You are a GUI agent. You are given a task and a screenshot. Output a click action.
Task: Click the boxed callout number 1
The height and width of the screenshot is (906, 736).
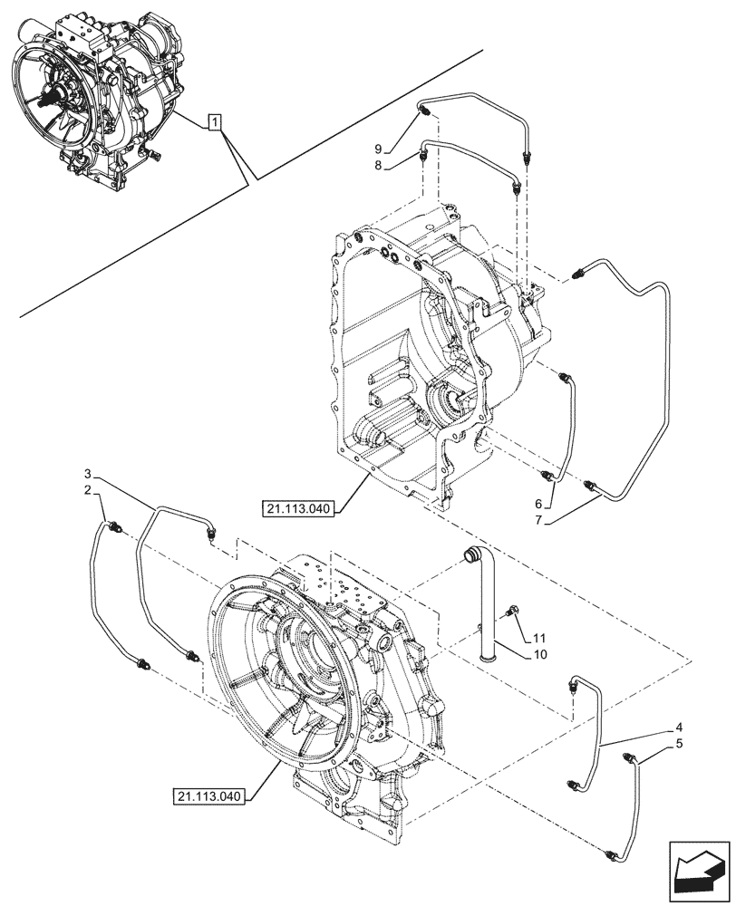coord(214,120)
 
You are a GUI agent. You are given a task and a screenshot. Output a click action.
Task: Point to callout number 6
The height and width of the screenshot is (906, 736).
coord(537,504)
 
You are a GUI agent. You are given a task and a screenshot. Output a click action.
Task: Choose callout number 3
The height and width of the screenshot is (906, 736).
coord(88,474)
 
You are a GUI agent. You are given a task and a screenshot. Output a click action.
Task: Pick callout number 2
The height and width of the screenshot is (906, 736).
coord(88,490)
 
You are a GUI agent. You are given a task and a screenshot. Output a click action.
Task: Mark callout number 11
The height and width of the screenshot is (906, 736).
coord(540,639)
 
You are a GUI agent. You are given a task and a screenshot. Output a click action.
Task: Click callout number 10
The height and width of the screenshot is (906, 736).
coord(540,653)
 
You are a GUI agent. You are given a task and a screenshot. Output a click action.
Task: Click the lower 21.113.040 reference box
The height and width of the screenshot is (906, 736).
coord(208,797)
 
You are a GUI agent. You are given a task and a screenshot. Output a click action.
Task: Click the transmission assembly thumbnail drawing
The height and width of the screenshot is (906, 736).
coord(100,91)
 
